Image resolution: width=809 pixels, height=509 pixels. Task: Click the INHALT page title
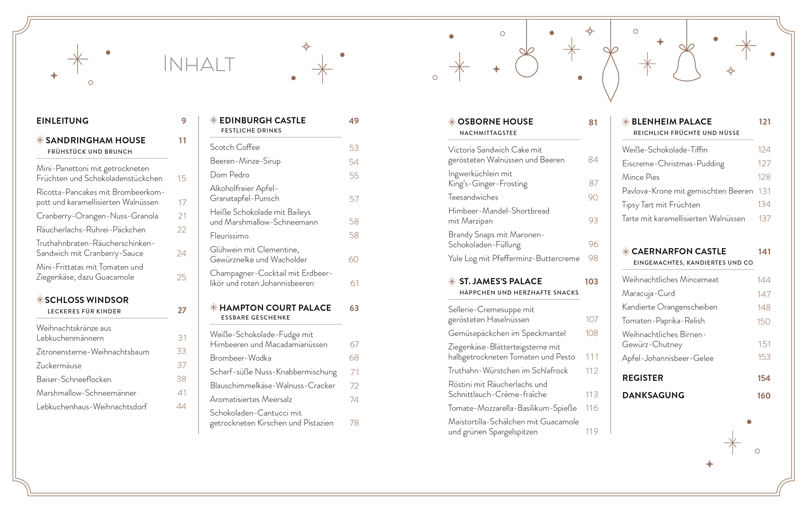pyautogui.click(x=199, y=64)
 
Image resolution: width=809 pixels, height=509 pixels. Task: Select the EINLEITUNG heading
pyautogui.click(x=62, y=121)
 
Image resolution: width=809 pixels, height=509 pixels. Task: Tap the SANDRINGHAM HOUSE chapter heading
pyautogui.click(x=96, y=140)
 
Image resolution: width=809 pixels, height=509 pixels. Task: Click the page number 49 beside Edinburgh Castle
pyautogui.click(x=354, y=121)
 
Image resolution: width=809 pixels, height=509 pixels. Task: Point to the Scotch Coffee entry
pyautogui.click(x=235, y=148)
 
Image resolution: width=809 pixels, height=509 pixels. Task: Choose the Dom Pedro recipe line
pyautogui.click(x=230, y=175)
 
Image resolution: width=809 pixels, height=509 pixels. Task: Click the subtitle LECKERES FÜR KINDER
pyautogui.click(x=84, y=311)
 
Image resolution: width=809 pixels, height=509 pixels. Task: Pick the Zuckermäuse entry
pyautogui.click(x=59, y=366)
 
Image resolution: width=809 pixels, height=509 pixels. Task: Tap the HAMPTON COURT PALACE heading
pyautogui.click(x=275, y=308)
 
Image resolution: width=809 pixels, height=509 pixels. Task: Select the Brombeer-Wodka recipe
pyautogui.click(x=240, y=358)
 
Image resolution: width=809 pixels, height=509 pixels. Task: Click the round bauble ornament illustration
pyautogui.click(x=526, y=65)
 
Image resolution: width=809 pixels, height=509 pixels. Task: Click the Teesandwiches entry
pyautogui.click(x=473, y=197)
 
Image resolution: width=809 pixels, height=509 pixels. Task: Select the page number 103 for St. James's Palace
pyautogui.click(x=591, y=282)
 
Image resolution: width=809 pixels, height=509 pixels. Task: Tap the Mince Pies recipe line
pyautogui.click(x=641, y=177)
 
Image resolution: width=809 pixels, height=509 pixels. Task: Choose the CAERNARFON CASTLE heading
pyautogui.click(x=678, y=251)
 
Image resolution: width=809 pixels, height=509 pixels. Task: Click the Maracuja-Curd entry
pyautogui.click(x=648, y=293)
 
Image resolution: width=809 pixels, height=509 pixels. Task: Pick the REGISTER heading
pyautogui.click(x=643, y=378)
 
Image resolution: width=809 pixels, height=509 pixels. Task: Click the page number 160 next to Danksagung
pyautogui.click(x=764, y=396)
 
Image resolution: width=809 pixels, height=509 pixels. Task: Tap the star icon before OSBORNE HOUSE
pyautogui.click(x=452, y=122)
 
